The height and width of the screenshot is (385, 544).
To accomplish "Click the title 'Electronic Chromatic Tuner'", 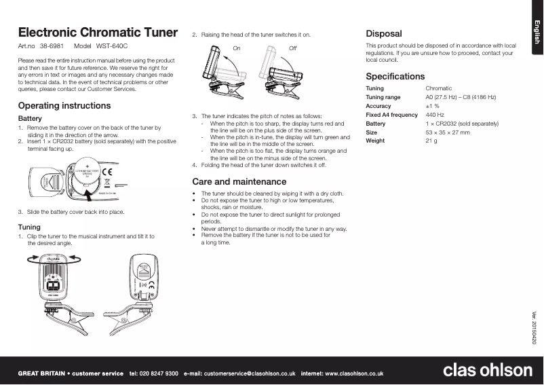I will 98,33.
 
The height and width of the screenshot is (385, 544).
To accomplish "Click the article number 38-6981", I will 52,46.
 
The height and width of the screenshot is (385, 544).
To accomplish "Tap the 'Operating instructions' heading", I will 64,106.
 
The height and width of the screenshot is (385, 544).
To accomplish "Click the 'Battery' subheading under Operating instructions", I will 30,119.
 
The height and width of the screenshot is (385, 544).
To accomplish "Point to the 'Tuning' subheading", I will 29,227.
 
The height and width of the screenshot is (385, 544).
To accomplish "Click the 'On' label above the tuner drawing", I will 237,48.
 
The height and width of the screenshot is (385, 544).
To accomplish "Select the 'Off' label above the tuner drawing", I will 292,48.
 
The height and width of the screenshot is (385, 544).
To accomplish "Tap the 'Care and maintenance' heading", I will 239,182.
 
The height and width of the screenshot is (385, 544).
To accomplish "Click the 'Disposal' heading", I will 384,33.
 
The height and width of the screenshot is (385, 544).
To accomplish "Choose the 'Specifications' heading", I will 395,77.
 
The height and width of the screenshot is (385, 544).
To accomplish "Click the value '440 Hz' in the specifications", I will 435,115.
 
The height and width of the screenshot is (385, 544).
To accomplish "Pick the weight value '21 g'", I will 431,141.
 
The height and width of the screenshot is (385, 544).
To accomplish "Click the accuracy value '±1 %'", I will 432,107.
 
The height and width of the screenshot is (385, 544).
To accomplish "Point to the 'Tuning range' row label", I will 383,98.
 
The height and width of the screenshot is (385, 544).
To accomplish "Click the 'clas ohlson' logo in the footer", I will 487,370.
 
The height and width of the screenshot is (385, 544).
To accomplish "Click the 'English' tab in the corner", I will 535,32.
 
